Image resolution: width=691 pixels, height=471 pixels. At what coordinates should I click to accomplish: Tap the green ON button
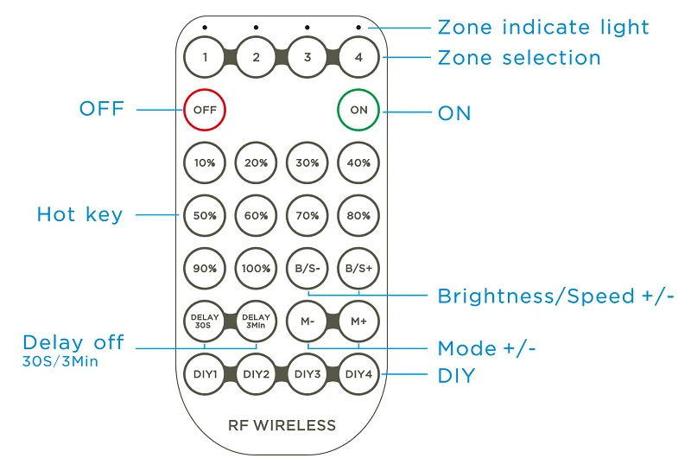358,110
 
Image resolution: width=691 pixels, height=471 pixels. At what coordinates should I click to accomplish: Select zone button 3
307,57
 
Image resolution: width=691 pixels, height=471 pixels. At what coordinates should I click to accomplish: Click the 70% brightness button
307,216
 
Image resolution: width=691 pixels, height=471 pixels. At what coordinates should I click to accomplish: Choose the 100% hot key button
256,268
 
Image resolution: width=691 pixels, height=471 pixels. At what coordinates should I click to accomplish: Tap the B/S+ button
358,268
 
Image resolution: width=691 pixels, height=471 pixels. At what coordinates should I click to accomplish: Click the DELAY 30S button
205,321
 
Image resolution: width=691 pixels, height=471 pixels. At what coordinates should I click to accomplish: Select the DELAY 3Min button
256,321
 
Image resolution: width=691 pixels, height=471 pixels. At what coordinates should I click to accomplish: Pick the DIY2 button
256,374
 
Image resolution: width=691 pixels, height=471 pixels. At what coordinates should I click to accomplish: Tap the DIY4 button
358,374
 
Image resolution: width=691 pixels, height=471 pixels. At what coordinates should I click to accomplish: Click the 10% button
205,162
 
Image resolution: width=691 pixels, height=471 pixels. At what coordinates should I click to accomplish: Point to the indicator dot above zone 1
205,28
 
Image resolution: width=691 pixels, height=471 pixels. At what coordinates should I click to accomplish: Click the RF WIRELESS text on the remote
282,425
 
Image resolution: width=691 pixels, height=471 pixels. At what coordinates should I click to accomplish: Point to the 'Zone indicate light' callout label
543,28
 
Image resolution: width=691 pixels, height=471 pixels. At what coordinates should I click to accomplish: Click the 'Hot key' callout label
79,214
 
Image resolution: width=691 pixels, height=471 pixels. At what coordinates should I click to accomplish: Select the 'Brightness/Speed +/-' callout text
555,296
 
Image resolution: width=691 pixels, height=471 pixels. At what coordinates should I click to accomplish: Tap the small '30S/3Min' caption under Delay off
60,361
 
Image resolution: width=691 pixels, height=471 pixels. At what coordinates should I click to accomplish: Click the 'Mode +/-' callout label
486,348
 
